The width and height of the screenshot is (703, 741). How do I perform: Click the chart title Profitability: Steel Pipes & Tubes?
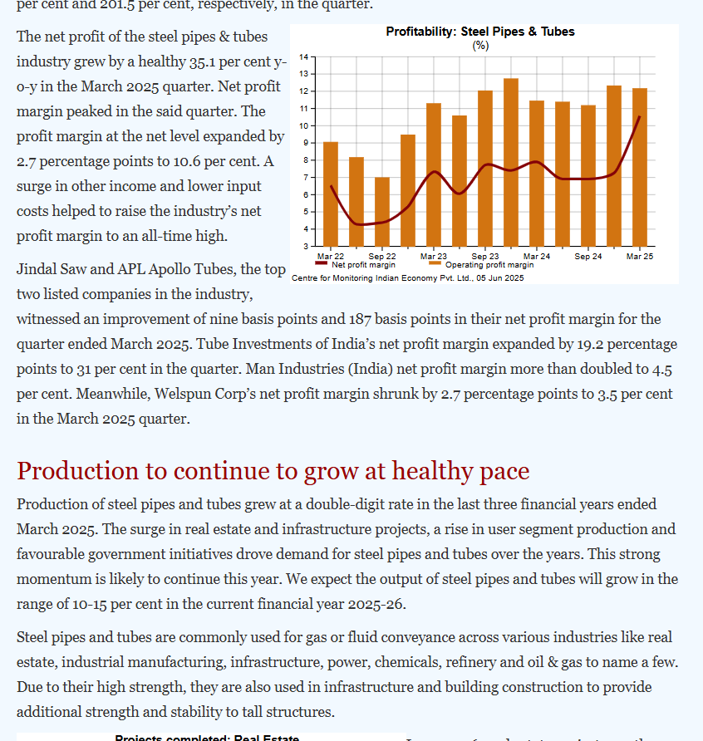click(480, 32)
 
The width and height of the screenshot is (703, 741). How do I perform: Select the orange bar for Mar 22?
click(331, 194)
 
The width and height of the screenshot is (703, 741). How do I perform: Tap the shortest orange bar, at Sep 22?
click(382, 211)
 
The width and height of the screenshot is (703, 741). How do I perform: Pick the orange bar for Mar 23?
click(434, 174)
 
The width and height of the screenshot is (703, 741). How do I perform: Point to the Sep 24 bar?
click(588, 175)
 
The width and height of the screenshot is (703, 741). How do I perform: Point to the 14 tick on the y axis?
click(305, 56)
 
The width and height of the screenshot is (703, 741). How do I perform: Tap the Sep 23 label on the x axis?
click(485, 257)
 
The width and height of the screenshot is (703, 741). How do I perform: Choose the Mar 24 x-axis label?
click(537, 257)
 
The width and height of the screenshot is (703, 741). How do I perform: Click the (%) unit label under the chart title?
click(480, 45)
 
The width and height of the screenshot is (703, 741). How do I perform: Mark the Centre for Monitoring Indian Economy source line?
click(408, 277)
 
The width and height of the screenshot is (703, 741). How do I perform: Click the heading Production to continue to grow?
click(273, 471)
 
